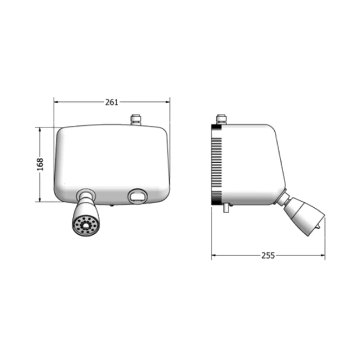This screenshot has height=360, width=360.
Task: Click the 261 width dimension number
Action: coord(112,102)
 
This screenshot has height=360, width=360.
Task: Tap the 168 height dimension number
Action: coord(40,165)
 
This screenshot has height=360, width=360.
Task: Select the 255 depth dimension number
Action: coord(268,255)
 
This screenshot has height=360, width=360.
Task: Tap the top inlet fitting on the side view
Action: coord(221,120)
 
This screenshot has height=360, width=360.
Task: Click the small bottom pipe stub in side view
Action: coord(226,208)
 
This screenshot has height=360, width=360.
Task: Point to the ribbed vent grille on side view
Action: coord(216,165)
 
